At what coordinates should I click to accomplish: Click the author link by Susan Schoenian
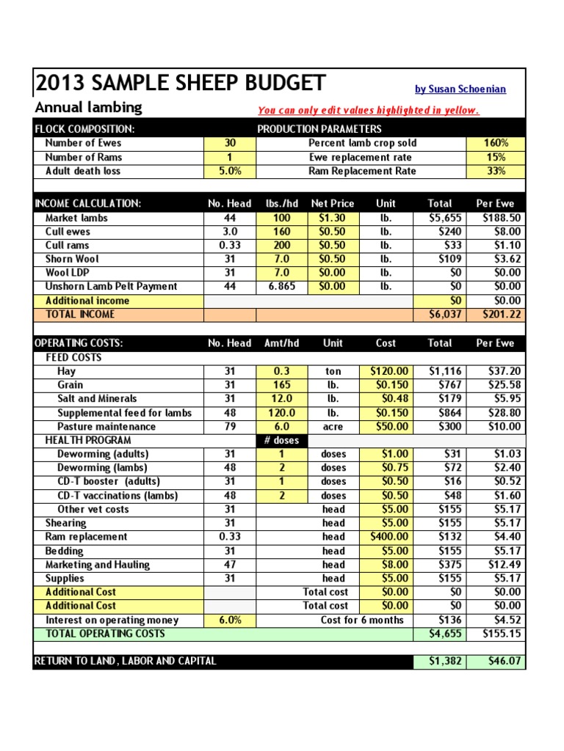pos(460,89)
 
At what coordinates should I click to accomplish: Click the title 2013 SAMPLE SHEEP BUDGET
pos(181,84)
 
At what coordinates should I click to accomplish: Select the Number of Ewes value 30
pos(229,144)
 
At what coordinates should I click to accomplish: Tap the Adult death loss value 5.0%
pos(229,171)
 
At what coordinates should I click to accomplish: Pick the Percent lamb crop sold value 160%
pos(496,144)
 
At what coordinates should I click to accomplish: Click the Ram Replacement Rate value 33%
pos(496,171)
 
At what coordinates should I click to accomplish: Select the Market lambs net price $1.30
pos(333,218)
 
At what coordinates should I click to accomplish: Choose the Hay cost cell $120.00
pos(386,372)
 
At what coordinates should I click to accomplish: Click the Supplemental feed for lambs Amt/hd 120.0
pos(281,413)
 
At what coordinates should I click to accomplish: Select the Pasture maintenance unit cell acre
pos(333,427)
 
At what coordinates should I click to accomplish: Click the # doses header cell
pos(281,441)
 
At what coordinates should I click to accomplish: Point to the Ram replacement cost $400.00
pos(386,537)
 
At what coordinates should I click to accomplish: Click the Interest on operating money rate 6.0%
pos(229,620)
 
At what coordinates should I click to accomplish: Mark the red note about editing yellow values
pos(368,111)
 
